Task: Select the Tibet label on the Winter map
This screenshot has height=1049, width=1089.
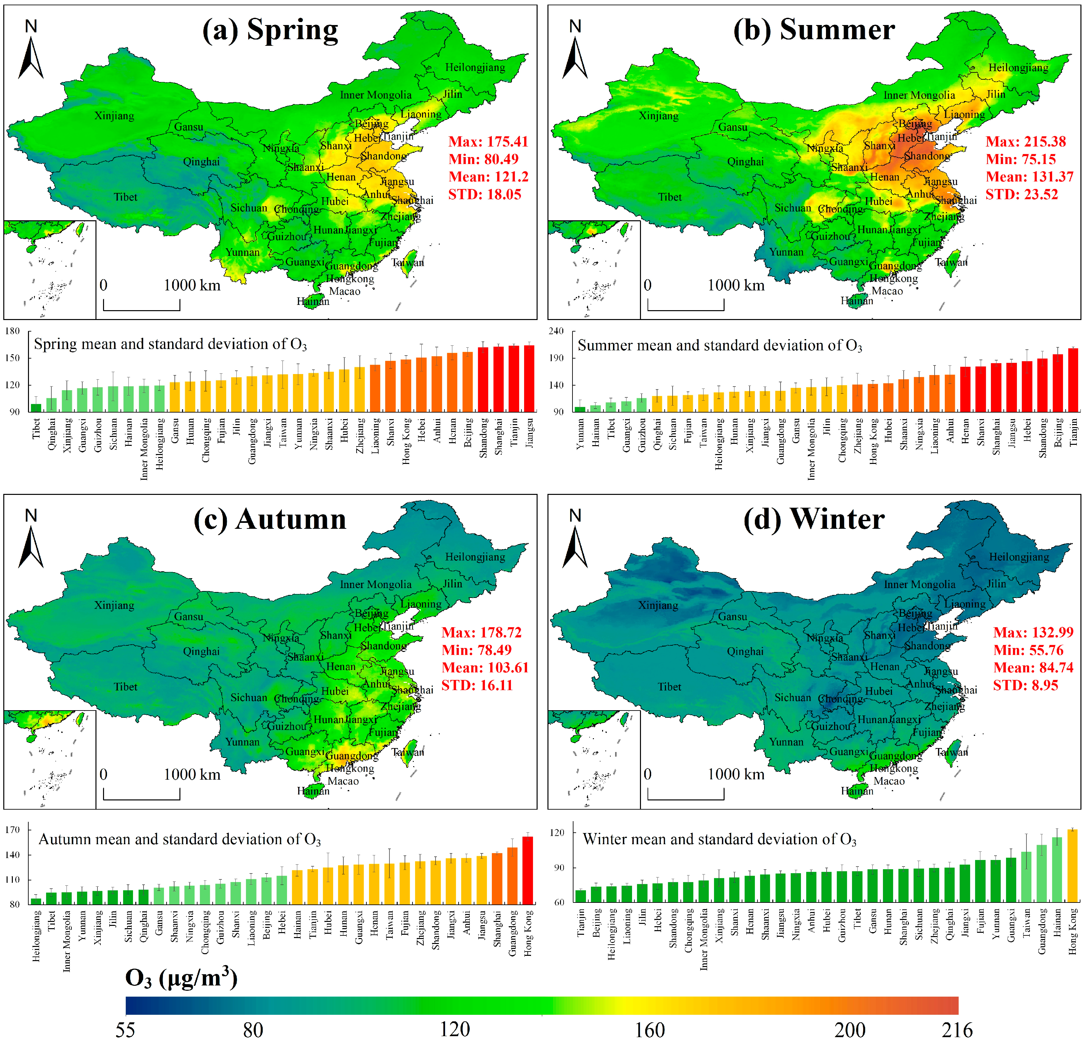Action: [x=670, y=687]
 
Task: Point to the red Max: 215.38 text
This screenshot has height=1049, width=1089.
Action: [x=1026, y=142]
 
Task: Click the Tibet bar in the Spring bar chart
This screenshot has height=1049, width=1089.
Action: [x=36, y=408]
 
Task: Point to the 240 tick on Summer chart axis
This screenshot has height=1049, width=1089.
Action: [x=556, y=331]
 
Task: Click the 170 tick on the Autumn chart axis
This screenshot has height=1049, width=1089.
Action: [x=12, y=830]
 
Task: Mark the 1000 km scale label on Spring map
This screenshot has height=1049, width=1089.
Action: [x=192, y=285]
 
